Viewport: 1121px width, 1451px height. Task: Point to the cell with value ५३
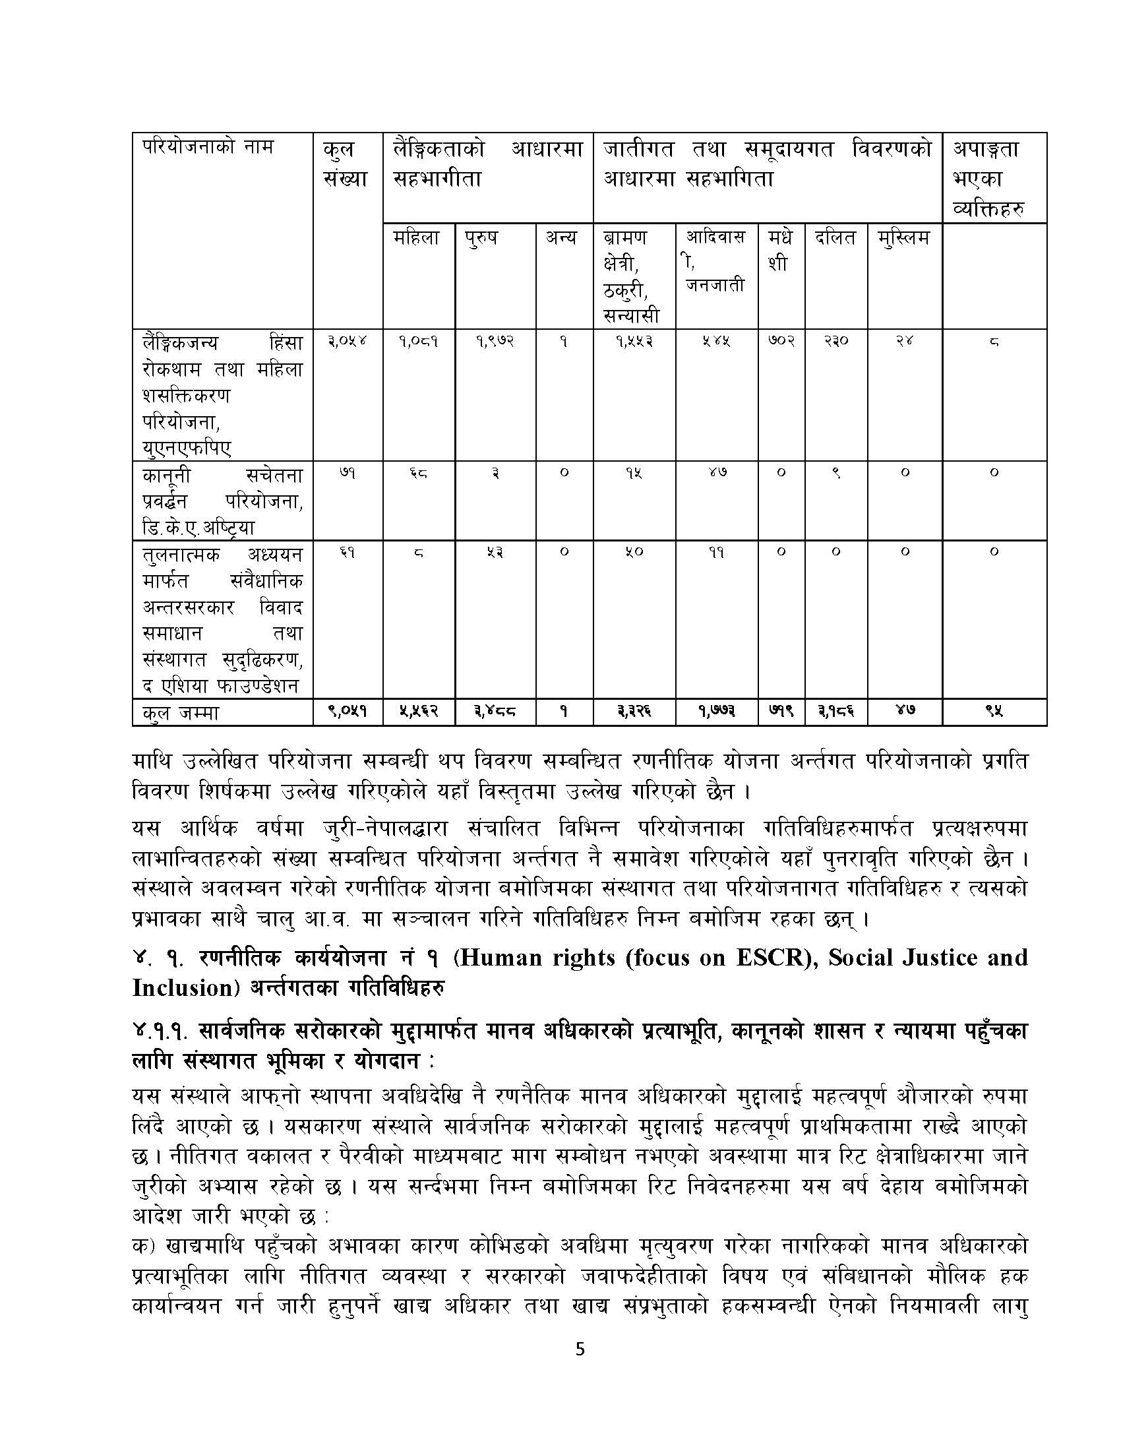click(495, 551)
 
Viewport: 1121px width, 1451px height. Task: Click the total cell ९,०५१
click(347, 712)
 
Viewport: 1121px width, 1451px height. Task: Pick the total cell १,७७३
click(716, 712)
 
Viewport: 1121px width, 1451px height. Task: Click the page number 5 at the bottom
click(580, 1386)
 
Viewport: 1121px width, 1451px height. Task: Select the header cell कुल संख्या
click(347, 163)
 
